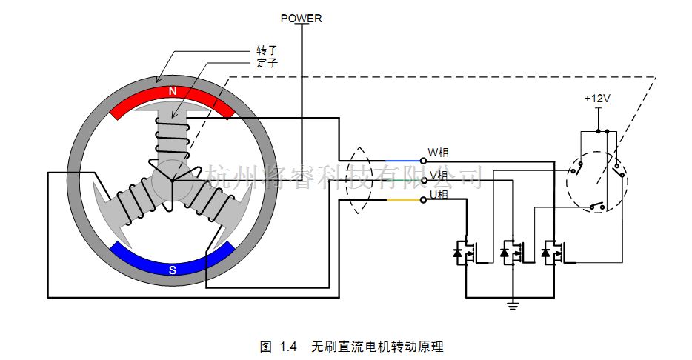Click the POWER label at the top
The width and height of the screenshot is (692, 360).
[301, 18]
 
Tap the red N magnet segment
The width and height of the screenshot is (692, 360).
[172, 97]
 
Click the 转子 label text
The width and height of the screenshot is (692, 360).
[267, 50]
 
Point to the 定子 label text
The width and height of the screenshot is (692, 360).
[267, 63]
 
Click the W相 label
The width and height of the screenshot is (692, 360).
[439, 153]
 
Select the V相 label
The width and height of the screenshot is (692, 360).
[439, 176]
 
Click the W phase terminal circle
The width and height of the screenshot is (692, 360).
[424, 160]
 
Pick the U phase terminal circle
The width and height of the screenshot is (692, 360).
[424, 200]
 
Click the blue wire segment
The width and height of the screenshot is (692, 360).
[401, 161]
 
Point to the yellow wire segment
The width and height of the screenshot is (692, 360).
[401, 200]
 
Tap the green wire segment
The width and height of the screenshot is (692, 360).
[401, 180]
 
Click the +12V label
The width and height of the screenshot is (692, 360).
[597, 98]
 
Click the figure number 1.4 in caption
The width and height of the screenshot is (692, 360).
[289, 347]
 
